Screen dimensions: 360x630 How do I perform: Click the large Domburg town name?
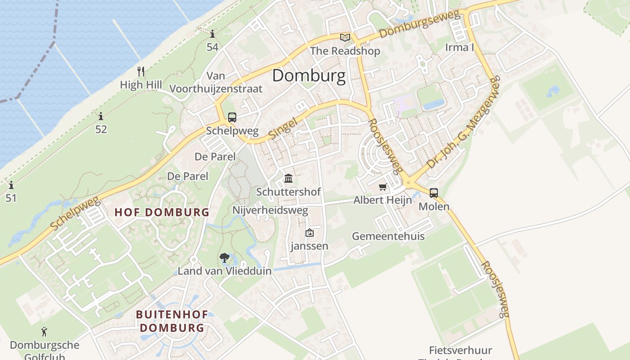pyautogui.click(x=309, y=76)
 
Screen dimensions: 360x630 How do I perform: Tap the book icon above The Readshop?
pyautogui.click(x=345, y=37)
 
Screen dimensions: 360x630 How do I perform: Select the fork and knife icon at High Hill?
pyautogui.click(x=141, y=71)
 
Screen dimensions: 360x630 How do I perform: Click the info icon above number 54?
pyautogui.click(x=212, y=34)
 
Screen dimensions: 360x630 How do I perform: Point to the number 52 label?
pyautogui.click(x=101, y=130)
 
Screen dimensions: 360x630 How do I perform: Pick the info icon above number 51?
pyautogui.click(x=11, y=185)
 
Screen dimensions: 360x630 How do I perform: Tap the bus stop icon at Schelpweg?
pyautogui.click(x=232, y=117)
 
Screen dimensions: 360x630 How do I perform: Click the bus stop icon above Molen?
pyautogui.click(x=434, y=193)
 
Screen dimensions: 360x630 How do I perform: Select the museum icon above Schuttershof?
pyautogui.click(x=288, y=179)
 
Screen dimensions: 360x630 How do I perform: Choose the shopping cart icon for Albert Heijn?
pyautogui.click(x=382, y=187)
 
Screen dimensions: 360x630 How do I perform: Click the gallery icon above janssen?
pyautogui.click(x=310, y=233)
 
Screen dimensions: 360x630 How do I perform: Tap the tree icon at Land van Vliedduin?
pyautogui.click(x=224, y=258)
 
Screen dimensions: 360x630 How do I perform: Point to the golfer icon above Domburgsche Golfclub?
pyautogui.click(x=44, y=332)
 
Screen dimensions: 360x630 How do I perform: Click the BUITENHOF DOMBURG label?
pyautogui.click(x=172, y=321)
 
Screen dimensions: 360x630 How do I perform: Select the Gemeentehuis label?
pyautogui.click(x=388, y=236)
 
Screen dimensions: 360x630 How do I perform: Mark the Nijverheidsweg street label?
pyautogui.click(x=270, y=210)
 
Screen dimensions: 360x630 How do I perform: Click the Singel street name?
pyautogui.click(x=283, y=128)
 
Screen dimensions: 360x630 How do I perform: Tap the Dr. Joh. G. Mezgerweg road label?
pyautogui.click(x=463, y=122)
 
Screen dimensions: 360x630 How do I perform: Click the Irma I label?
pyautogui.click(x=459, y=47)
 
